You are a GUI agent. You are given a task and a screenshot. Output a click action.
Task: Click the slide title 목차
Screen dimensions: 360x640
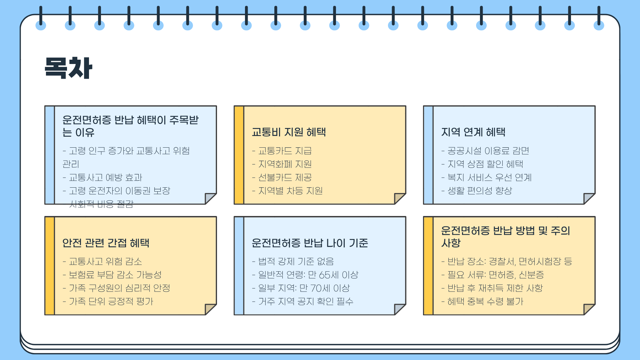(x=68, y=68)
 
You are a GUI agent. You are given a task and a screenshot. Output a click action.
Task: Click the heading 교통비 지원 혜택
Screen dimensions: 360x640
(x=289, y=132)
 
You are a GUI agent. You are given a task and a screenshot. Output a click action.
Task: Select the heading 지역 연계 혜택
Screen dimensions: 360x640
(x=473, y=132)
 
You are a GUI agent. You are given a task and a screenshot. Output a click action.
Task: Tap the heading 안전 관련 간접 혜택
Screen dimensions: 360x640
(x=106, y=243)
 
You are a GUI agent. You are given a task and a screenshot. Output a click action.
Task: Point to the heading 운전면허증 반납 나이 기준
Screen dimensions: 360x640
(x=310, y=243)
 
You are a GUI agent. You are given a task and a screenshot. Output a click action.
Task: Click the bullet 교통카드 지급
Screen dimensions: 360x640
(x=285, y=151)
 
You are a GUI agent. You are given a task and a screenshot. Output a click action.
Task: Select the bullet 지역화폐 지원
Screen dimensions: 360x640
(x=285, y=164)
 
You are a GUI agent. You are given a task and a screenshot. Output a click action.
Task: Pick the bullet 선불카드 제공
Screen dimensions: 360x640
(x=285, y=177)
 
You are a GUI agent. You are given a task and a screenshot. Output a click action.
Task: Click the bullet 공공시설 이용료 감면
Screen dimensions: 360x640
(x=488, y=151)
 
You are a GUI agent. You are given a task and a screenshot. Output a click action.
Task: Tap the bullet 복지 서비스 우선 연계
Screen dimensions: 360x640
(x=489, y=177)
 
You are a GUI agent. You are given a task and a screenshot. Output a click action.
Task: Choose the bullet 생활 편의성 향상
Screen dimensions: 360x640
(x=479, y=191)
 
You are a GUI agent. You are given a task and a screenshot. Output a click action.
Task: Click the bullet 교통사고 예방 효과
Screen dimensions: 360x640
(x=105, y=177)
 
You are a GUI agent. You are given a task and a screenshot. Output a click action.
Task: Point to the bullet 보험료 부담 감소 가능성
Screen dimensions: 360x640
(x=115, y=275)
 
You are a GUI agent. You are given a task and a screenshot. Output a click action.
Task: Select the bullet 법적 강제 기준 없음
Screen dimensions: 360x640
(x=296, y=261)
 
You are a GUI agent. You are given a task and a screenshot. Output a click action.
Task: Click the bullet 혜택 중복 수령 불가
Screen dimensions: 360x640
(x=485, y=301)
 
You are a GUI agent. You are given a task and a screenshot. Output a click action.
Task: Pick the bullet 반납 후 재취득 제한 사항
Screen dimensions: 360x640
(x=495, y=288)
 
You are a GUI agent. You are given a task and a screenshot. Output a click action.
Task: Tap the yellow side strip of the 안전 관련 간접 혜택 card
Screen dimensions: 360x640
(x=50, y=266)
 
